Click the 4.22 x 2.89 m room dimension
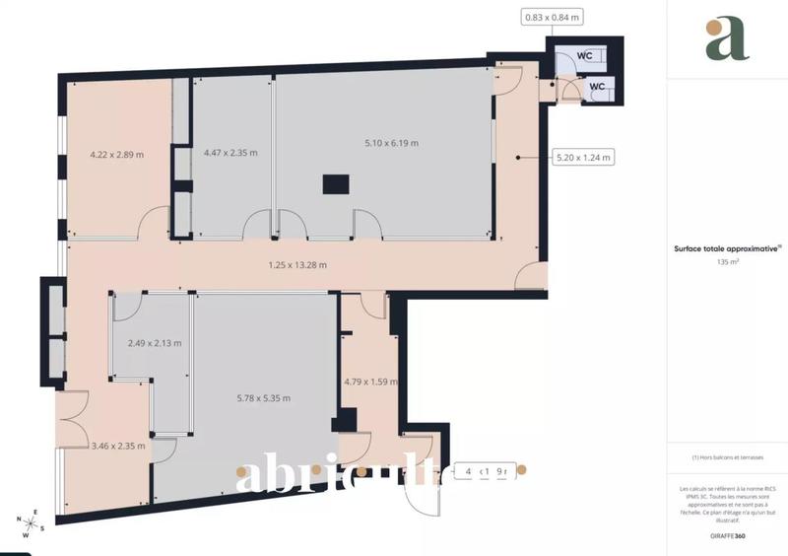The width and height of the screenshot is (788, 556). click(117, 154)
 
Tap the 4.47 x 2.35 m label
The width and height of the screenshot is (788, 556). click(230, 153)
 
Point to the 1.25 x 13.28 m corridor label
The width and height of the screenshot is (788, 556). click(297, 264)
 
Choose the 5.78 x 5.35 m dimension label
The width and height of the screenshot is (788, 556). click(264, 398)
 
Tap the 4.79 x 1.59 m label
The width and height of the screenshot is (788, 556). click(371, 382)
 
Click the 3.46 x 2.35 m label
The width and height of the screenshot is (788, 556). click(118, 446)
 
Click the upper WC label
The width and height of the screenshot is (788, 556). click(584, 56)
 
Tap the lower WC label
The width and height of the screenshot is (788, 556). click(597, 87)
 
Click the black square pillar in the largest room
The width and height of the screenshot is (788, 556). click(337, 184)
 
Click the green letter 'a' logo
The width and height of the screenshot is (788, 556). click(724, 39)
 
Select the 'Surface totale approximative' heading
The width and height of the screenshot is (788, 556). click(728, 249)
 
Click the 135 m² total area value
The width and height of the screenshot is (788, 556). click(728, 263)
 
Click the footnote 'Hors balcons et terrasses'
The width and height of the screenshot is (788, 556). click(728, 457)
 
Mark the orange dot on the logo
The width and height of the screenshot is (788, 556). click(741, 25)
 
